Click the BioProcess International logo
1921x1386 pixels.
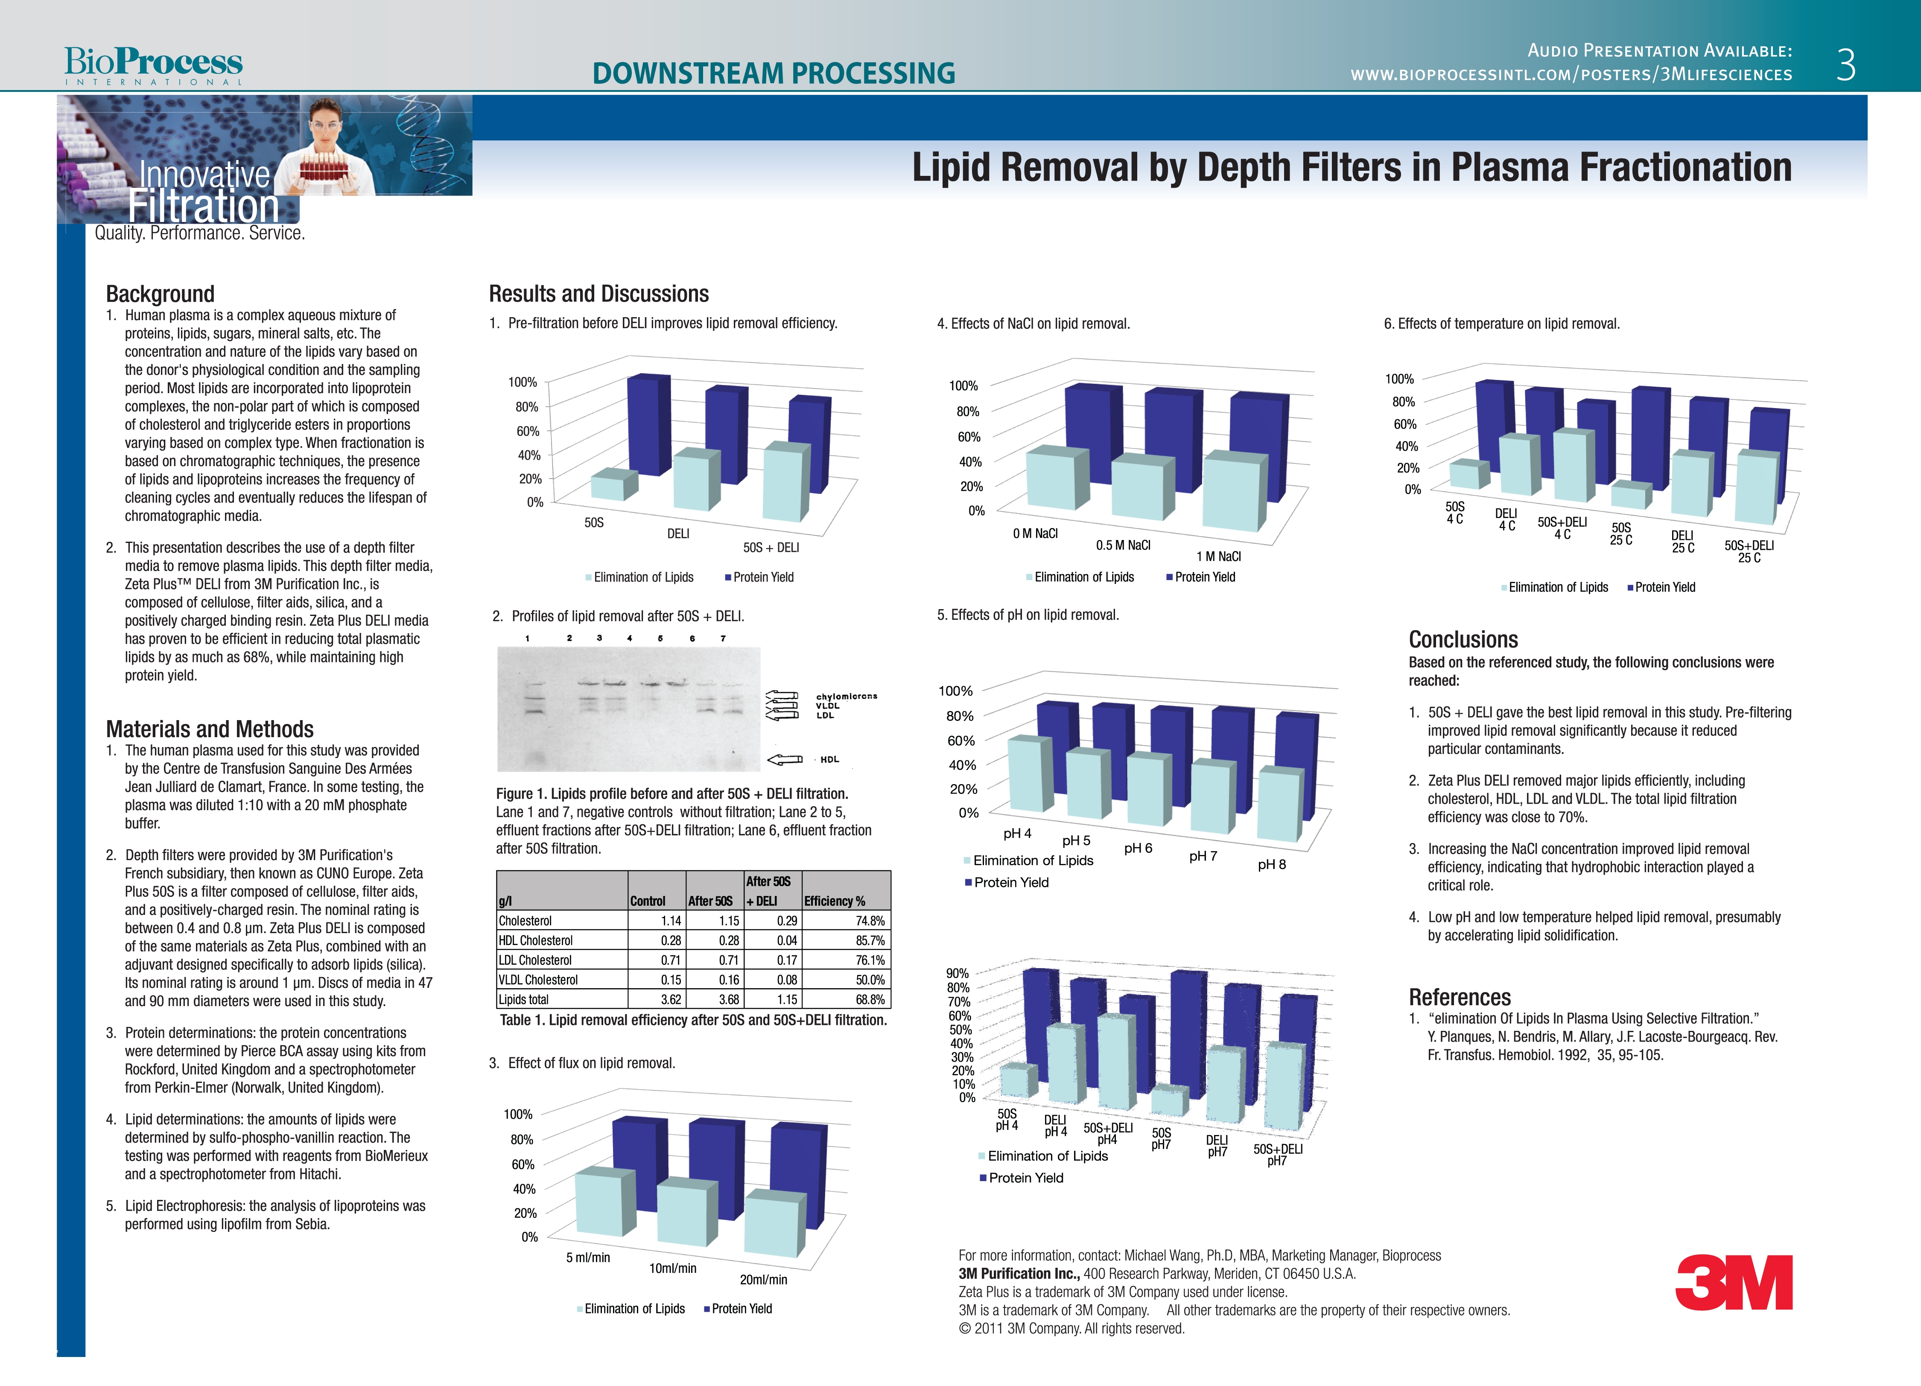click(x=153, y=65)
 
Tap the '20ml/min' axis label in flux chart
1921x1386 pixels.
click(x=763, y=1279)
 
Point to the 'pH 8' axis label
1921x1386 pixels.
click(x=1271, y=864)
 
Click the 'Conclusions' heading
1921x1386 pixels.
click(x=1463, y=639)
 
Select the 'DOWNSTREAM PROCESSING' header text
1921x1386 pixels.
click(x=774, y=74)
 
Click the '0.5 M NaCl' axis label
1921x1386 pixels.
click(x=1123, y=545)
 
